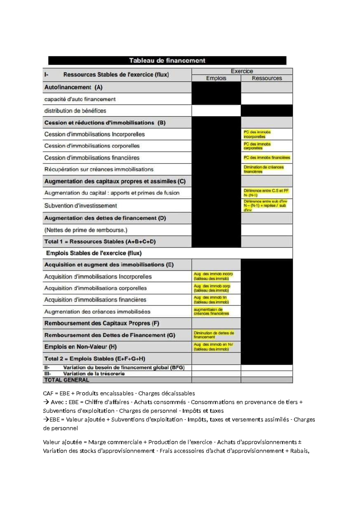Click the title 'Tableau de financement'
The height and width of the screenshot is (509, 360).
coord(167,61)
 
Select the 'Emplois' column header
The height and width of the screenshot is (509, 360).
coord(216,78)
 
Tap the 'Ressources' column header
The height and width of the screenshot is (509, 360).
coord(267,78)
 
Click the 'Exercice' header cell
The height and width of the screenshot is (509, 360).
coord(242,71)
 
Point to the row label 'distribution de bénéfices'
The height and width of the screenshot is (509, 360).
coord(75,111)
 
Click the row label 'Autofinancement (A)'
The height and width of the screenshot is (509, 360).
coord(73,87)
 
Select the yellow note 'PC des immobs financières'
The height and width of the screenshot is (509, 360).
coord(267,158)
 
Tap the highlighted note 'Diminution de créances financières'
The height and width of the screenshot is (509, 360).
coord(263,169)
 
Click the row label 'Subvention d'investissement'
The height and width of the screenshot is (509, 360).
coord(81,206)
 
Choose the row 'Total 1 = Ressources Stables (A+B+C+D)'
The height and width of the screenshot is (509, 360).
coord(100,242)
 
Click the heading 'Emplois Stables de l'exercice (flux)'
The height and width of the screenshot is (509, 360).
coord(94,253)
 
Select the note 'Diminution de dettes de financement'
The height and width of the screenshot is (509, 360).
coord(214,335)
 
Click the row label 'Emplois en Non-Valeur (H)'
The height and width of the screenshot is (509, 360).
coord(80,347)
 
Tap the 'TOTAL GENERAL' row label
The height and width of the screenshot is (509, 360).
coord(67,380)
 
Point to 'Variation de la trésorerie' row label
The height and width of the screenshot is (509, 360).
coord(94,374)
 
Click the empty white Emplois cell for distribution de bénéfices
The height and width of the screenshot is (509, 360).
coord(216,111)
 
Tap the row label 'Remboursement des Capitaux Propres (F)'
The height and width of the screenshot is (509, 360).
coord(102,323)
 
